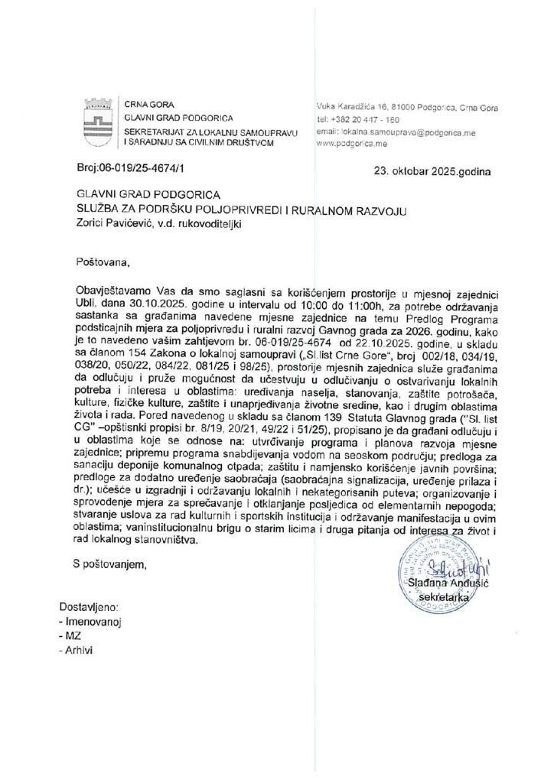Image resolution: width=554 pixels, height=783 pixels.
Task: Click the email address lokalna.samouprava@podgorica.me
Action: click(x=397, y=132)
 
